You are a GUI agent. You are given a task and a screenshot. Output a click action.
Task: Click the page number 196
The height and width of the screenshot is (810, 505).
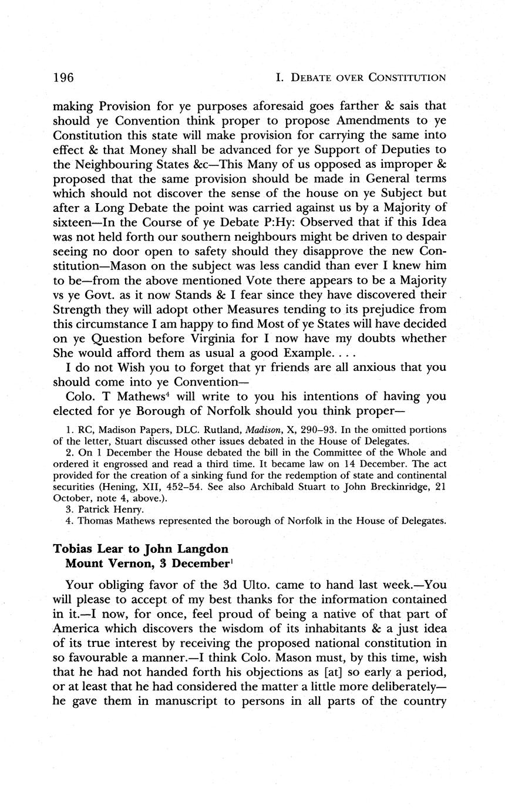[63, 77]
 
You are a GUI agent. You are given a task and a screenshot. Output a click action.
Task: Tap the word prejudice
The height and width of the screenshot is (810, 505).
[376, 309]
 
